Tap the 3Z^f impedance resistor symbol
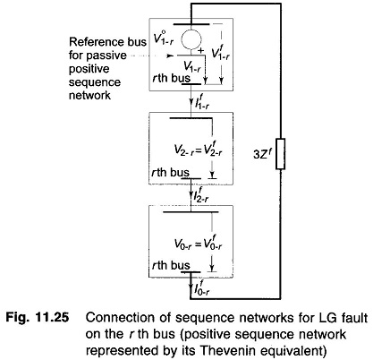(x=280, y=154)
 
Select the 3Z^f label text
(x=262, y=155)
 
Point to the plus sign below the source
(x=201, y=51)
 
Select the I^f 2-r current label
(x=201, y=195)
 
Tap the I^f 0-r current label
(x=202, y=288)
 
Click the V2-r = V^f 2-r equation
(x=199, y=150)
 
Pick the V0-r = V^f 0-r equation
(x=199, y=244)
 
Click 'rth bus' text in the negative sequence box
(x=171, y=172)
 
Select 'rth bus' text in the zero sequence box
(x=171, y=265)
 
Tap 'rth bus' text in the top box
(x=171, y=78)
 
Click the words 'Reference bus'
(x=107, y=42)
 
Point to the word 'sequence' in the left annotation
(x=95, y=82)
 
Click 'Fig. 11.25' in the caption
(x=38, y=317)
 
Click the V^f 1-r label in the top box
(x=220, y=53)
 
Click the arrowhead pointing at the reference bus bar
(x=170, y=56)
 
